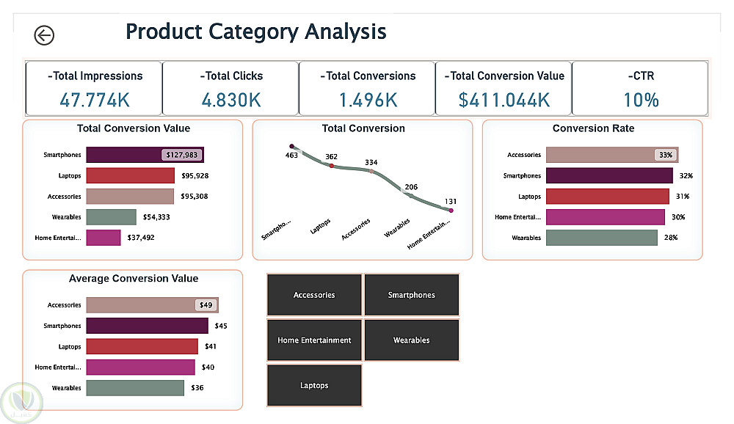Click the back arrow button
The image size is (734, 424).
(x=44, y=34)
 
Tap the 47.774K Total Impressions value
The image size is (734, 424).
(x=95, y=99)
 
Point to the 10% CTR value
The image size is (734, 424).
(x=640, y=99)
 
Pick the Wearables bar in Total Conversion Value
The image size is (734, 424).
(x=111, y=217)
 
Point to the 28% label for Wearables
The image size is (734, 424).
(x=670, y=238)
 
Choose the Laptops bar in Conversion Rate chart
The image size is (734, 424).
(x=608, y=197)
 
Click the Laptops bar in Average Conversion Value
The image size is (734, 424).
(x=142, y=346)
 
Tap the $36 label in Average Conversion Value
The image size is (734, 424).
(x=197, y=387)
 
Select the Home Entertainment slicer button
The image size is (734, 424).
(x=314, y=340)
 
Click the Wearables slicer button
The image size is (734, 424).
(x=411, y=340)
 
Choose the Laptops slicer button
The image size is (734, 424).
(x=314, y=386)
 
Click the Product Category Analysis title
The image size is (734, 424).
(x=255, y=32)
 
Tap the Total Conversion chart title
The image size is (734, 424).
(x=363, y=128)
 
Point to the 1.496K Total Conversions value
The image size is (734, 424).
(x=368, y=99)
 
